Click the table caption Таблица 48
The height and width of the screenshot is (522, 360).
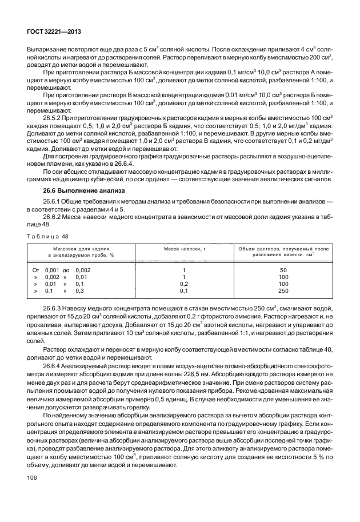[46, 234]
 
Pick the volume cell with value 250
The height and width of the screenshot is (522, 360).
[282, 290]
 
